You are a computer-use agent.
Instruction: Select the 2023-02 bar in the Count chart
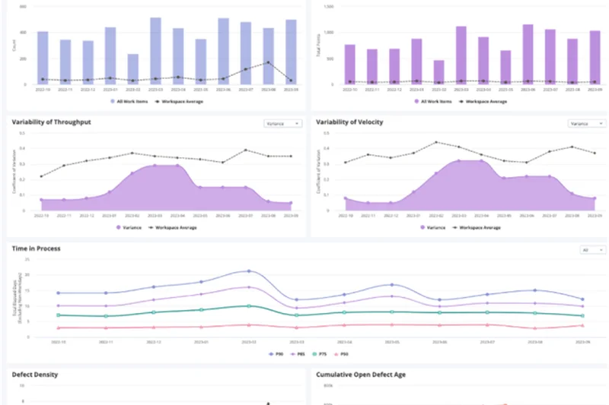point(133,69)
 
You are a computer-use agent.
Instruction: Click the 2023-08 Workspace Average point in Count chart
point(268,62)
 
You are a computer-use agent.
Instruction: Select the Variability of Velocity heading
point(349,122)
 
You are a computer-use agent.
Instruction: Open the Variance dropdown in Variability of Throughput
point(282,122)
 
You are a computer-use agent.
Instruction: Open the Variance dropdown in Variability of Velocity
point(587,122)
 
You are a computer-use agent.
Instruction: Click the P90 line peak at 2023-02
point(248,271)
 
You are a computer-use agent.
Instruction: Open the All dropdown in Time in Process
point(591,248)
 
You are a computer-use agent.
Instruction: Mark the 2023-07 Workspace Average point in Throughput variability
point(245,150)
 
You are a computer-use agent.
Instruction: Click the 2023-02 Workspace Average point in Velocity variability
point(436,142)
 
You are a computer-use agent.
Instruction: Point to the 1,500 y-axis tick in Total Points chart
point(328,6)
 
